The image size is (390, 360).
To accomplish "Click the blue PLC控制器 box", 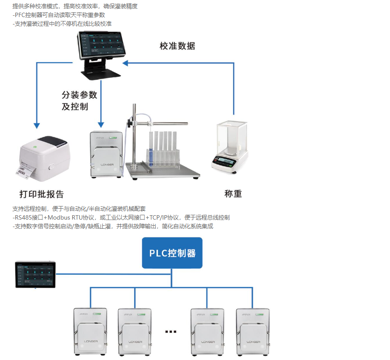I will coord(172,253).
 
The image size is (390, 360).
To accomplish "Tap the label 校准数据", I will coord(177,46).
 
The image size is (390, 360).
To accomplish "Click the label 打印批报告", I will coord(42,194).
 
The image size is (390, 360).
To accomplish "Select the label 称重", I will coord(233,193).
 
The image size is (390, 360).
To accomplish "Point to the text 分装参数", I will coord(79,95).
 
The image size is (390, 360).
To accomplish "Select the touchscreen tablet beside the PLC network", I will coord(35,274).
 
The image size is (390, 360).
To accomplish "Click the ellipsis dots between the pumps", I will coord(171,332).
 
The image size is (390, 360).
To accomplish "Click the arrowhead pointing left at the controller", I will coord(125,63).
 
